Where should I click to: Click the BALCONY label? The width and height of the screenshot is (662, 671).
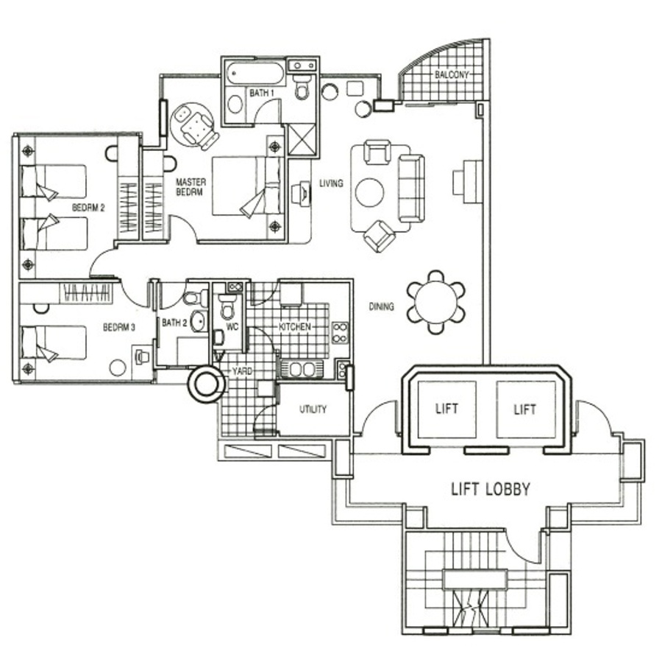452,74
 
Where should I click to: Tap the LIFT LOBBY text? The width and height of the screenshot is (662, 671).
491,488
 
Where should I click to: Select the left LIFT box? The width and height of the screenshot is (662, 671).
446,410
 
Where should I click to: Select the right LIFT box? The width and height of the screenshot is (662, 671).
525,410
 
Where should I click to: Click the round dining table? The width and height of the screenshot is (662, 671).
435,302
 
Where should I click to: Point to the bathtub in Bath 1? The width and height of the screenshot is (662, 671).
255,74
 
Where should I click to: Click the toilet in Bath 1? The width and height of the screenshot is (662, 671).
303,87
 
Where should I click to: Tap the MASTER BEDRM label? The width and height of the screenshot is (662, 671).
191,187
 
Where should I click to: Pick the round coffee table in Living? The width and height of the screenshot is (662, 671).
370,192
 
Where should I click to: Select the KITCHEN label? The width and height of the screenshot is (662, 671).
294,327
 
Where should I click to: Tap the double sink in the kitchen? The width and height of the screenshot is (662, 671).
302,370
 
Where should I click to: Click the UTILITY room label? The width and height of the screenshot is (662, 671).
313,410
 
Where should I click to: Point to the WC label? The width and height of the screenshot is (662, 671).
232,327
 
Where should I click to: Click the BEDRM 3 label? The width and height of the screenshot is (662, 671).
119,328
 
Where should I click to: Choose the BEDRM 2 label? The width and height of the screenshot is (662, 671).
88,208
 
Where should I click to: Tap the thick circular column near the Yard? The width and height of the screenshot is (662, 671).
207,384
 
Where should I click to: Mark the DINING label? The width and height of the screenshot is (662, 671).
381,307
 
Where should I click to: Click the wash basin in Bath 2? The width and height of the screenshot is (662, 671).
198,321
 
